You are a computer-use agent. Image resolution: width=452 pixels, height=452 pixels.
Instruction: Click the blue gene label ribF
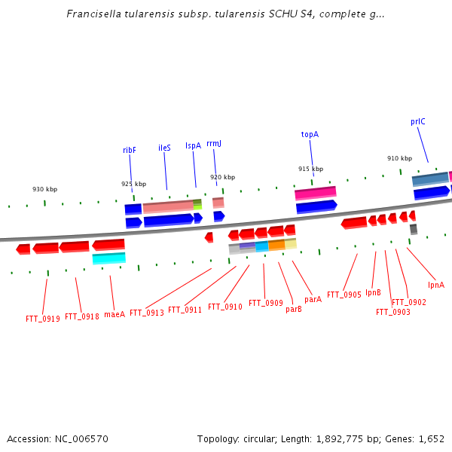pyautogui.click(x=129, y=150)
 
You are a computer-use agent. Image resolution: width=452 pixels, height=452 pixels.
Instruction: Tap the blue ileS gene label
pyautogui.click(x=164, y=148)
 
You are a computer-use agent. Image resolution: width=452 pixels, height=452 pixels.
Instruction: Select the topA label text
pyautogui.click(x=310, y=135)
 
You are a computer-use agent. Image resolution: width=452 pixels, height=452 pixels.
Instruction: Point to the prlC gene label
pyautogui.click(x=417, y=121)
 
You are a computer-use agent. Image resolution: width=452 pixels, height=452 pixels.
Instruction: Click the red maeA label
pyautogui.click(x=115, y=314)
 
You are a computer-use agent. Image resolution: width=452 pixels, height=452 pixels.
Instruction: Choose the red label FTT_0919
pyautogui.click(x=43, y=319)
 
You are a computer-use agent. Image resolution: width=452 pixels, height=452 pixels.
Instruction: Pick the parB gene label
pyautogui.click(x=294, y=310)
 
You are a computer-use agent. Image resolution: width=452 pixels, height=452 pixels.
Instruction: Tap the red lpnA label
pyautogui.click(x=436, y=285)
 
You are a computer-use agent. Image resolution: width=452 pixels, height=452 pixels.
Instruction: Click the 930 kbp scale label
pyautogui.click(x=44, y=189)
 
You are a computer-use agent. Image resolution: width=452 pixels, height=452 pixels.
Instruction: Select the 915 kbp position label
pyautogui.click(x=310, y=169)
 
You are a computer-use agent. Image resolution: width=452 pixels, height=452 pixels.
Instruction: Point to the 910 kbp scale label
pyautogui.click(x=399, y=158)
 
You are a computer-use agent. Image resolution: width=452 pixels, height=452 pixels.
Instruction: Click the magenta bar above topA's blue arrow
pyautogui.click(x=316, y=193)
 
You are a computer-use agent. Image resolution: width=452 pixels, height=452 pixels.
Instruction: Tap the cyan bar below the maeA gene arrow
pyautogui.click(x=109, y=258)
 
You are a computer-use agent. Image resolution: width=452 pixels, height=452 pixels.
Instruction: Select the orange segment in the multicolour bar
pyautogui.click(x=276, y=245)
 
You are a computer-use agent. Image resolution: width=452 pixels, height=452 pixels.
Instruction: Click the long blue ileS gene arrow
pyautogui.click(x=169, y=220)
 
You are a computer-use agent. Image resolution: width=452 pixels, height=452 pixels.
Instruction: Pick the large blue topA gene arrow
pyautogui.click(x=316, y=206)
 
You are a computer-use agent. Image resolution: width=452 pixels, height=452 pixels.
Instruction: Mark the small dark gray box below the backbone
pyautogui.click(x=414, y=229)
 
